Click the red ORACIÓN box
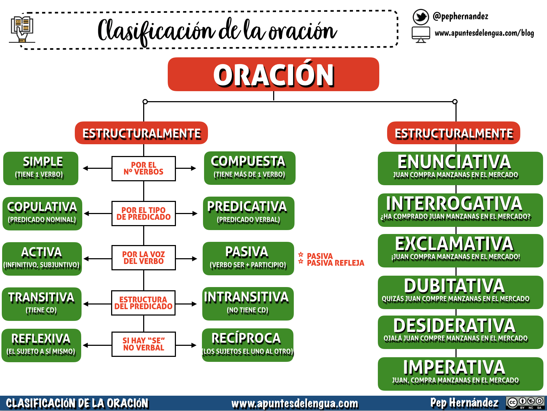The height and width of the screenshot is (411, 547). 273,74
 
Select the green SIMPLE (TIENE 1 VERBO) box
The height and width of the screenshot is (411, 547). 41,168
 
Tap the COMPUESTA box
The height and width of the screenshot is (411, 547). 249,168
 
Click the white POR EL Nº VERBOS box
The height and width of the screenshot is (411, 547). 144,168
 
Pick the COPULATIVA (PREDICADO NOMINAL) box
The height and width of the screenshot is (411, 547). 42,213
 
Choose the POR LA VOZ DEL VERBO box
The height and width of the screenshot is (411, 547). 144,257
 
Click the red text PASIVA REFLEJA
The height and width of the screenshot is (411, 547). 335,263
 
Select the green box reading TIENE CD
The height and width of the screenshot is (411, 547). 41,304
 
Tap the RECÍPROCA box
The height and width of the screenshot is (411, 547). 248,345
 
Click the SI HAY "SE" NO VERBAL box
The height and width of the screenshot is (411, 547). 144,344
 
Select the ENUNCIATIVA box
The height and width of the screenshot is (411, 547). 460,168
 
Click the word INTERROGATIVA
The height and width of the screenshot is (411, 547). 454,204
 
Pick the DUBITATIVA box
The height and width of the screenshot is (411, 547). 460,292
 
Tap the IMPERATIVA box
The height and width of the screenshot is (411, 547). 460,374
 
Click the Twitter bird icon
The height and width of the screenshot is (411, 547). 421,17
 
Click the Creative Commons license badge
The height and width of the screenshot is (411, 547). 526,403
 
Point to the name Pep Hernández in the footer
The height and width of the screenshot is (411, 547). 464,403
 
